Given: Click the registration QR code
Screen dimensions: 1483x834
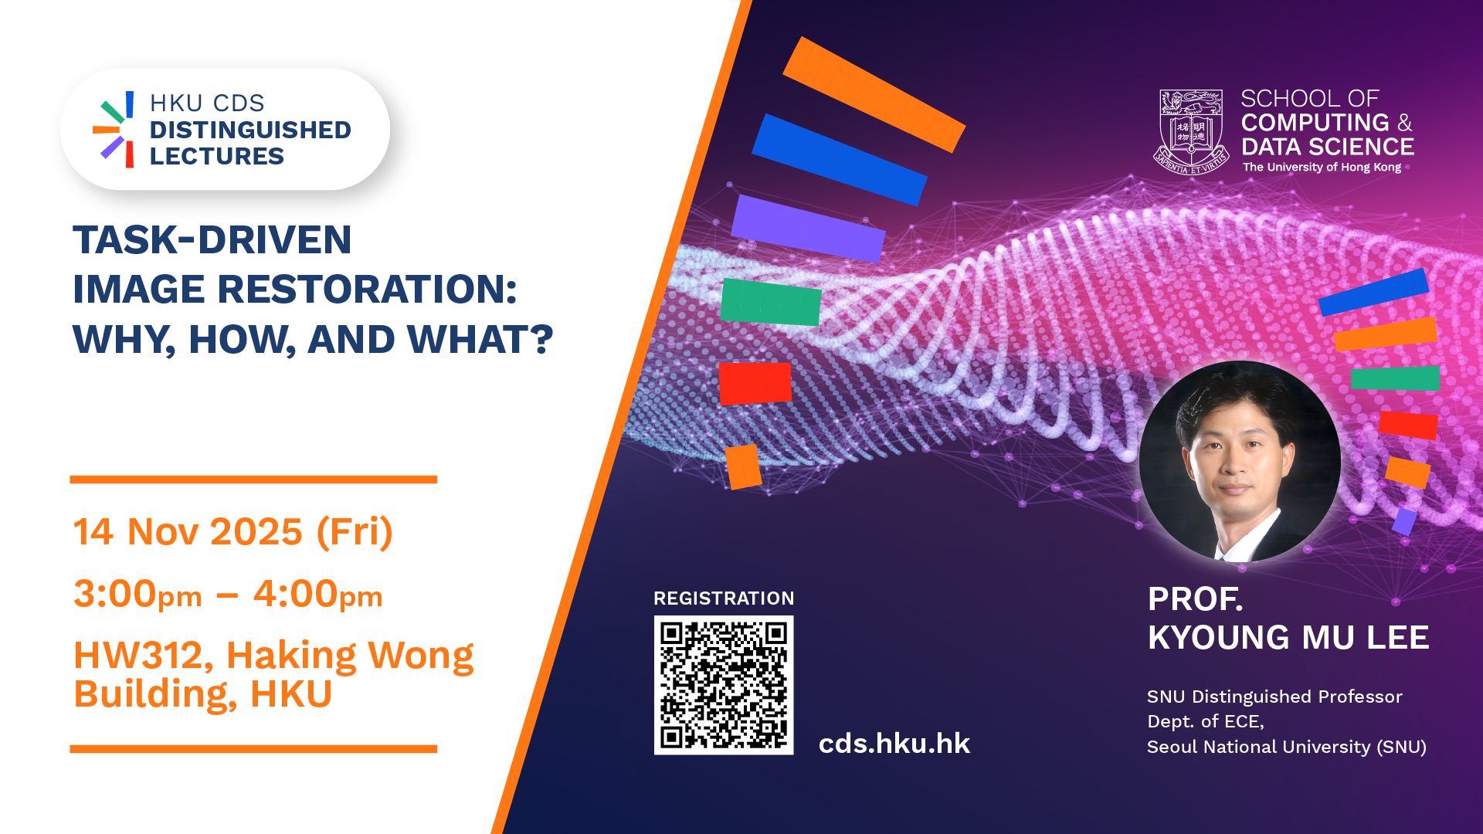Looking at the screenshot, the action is point(724,685).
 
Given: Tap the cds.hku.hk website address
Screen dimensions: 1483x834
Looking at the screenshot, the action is point(894,744).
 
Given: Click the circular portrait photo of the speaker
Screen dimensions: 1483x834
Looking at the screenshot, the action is point(1240,461).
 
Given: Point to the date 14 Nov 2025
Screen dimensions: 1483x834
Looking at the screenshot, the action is point(188,532).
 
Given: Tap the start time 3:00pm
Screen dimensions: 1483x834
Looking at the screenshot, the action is point(137,595).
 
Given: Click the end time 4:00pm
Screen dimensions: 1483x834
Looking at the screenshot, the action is point(318,595).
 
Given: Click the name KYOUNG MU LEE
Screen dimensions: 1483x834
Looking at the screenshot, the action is point(1288,638).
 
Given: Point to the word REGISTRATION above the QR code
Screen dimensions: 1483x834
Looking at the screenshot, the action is point(724,598).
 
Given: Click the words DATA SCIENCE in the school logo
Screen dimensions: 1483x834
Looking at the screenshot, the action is point(1328,147).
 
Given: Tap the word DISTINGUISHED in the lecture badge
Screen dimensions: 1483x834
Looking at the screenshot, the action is point(250,130).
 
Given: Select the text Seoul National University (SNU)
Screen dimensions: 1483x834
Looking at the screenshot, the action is point(1286,747).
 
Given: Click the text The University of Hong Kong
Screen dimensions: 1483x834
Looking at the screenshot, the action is point(1322,168).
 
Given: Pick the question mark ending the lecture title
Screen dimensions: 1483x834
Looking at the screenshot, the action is point(543,339).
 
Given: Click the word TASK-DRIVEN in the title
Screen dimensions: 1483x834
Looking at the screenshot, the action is point(212,239).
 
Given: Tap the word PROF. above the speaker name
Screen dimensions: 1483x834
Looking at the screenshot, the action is point(1195,599).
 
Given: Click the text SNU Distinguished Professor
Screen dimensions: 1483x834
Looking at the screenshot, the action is point(1274,697).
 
